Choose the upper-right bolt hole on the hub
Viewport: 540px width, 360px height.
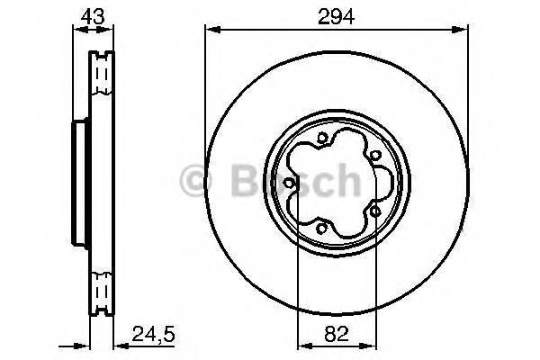pyautogui.click(x=373, y=155)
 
